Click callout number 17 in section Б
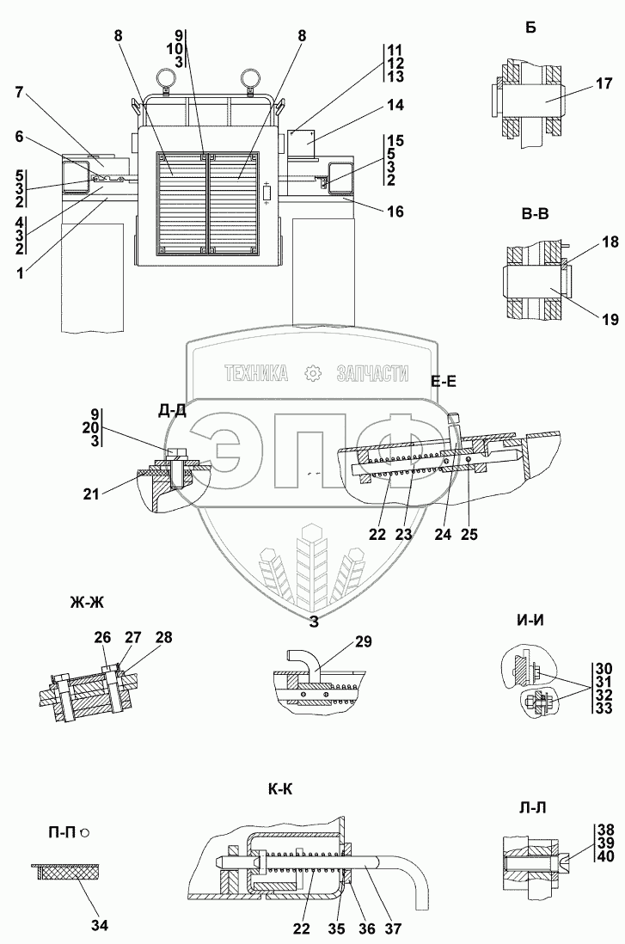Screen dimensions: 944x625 point(604,83)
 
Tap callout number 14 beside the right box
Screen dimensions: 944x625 point(395,107)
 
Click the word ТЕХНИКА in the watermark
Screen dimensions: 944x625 point(255,373)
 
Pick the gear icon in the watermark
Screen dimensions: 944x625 point(312,373)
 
